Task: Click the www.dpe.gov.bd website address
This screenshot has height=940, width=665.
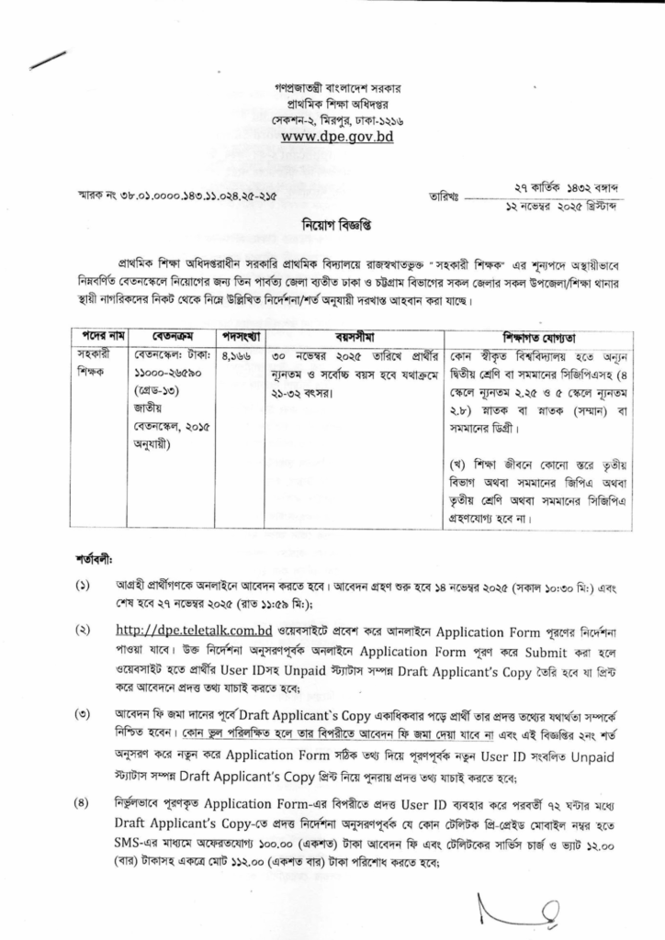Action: pos(337,136)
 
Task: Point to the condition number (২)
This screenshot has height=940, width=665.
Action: pos(82,631)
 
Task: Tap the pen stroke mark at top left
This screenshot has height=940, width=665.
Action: pos(48,59)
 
